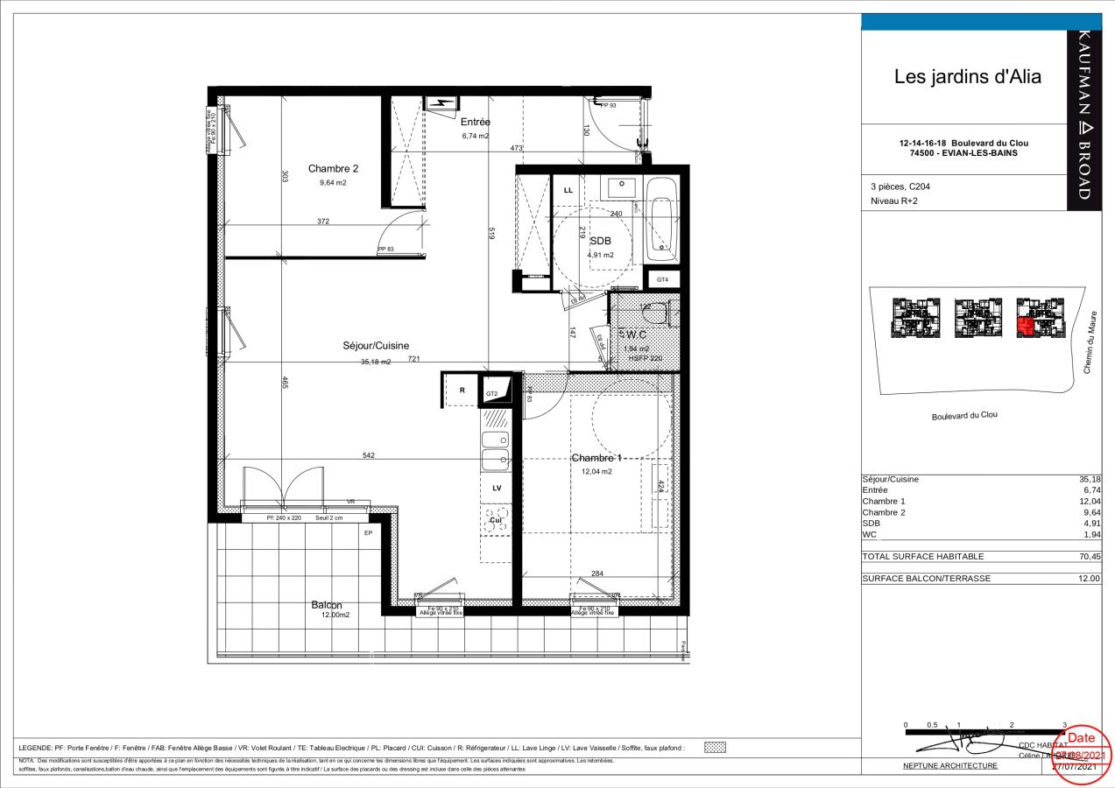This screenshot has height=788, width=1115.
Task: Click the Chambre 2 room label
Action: (x=332, y=168)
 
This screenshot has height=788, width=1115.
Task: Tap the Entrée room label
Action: (x=476, y=123)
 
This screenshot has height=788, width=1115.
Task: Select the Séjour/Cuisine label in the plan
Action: (x=376, y=346)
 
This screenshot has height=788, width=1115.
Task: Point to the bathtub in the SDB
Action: (x=661, y=220)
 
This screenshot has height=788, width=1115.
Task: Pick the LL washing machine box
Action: (x=568, y=190)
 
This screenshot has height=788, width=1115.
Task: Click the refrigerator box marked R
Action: (x=462, y=390)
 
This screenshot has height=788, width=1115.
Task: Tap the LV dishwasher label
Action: (x=497, y=488)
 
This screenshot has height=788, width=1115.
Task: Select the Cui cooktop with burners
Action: (x=497, y=520)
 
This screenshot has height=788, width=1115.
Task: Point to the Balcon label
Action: (x=326, y=605)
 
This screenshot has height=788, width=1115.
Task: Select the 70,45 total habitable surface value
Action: (x=1090, y=556)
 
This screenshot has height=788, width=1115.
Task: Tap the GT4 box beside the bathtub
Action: (x=662, y=279)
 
